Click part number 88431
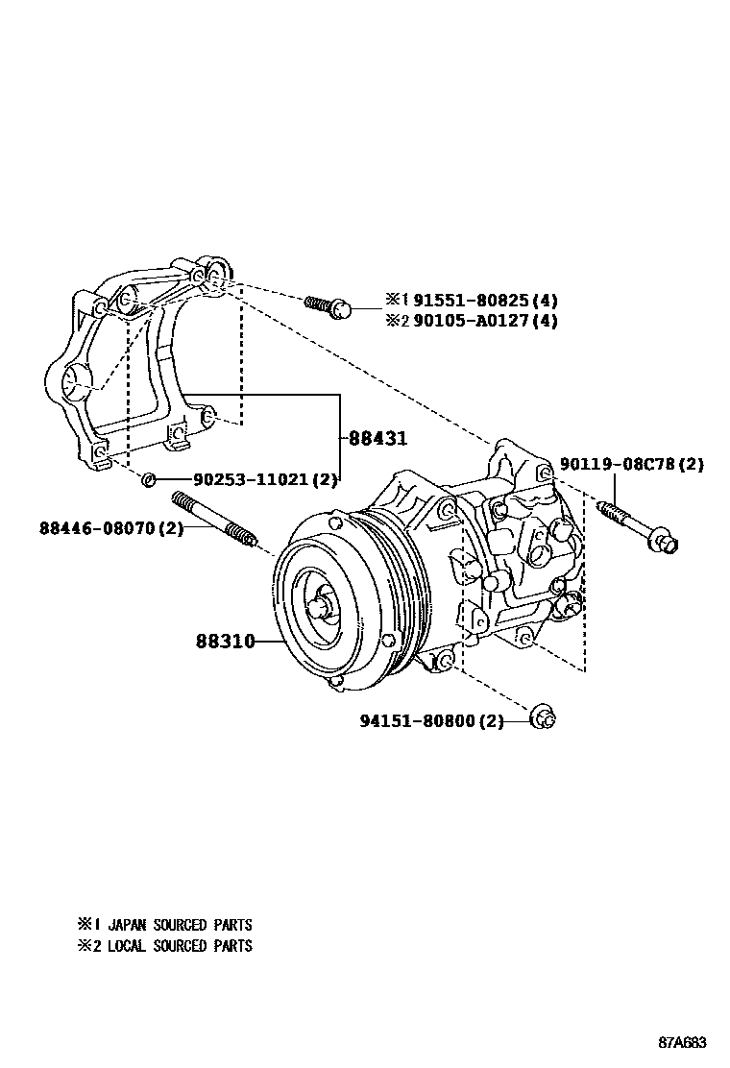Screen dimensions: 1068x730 point(377,438)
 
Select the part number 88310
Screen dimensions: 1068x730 point(225,641)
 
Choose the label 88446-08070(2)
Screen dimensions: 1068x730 point(110,527)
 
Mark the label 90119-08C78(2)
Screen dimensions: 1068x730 point(634,465)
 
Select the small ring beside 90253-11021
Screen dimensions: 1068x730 point(148,478)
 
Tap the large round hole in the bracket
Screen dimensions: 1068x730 point(75,385)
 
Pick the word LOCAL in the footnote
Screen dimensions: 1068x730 point(127,946)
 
